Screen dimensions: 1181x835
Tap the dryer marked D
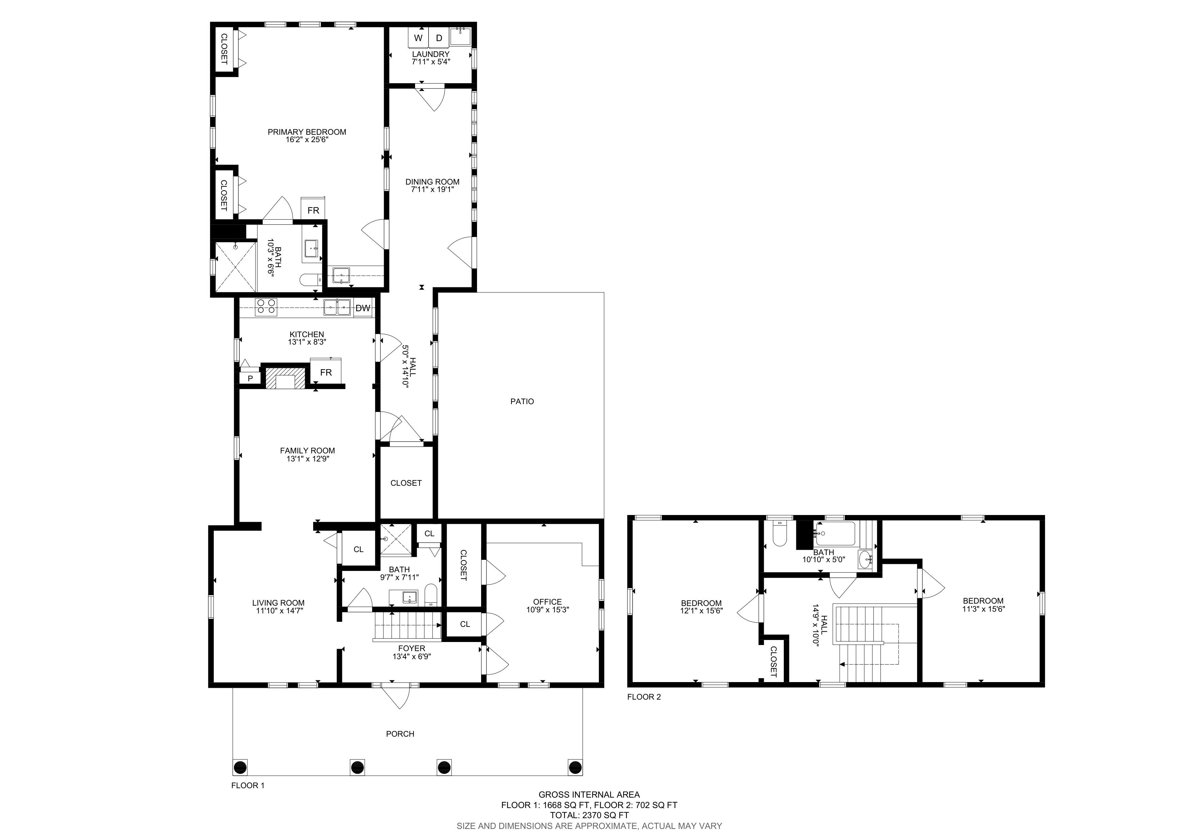(439, 38)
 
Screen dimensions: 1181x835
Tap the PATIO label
(522, 401)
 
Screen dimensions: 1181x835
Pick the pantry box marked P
(250, 378)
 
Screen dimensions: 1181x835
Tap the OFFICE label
(547, 602)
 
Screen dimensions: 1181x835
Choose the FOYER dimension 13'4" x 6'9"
(411, 656)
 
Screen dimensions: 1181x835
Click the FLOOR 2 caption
(644, 697)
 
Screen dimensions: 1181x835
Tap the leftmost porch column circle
(240, 768)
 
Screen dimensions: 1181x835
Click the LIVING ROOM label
(278, 603)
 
